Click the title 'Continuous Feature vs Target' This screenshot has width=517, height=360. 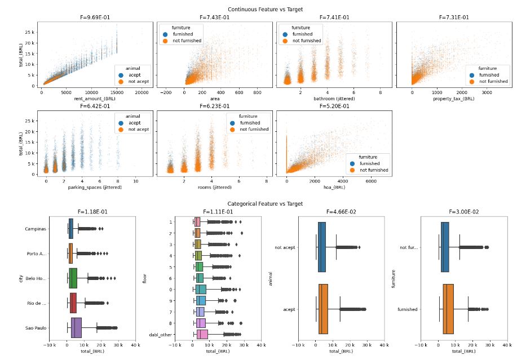click(265, 9)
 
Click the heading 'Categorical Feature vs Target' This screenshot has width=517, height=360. click(265, 203)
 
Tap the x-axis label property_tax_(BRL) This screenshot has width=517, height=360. click(454, 99)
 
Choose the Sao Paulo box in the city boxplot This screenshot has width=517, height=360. click(76, 327)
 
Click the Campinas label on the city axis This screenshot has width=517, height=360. click(36, 229)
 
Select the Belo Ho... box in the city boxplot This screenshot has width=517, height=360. click(73, 278)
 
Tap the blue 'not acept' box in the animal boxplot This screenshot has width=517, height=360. click(321, 247)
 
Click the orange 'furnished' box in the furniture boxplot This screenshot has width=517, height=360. click(448, 309)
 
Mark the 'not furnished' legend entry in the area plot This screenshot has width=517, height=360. click(190, 41)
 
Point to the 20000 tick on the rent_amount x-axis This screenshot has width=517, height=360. click(142, 93)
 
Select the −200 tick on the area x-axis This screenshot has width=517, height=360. click(166, 93)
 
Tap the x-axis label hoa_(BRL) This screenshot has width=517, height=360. click(334, 188)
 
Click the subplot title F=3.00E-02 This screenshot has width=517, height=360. click(454, 212)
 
